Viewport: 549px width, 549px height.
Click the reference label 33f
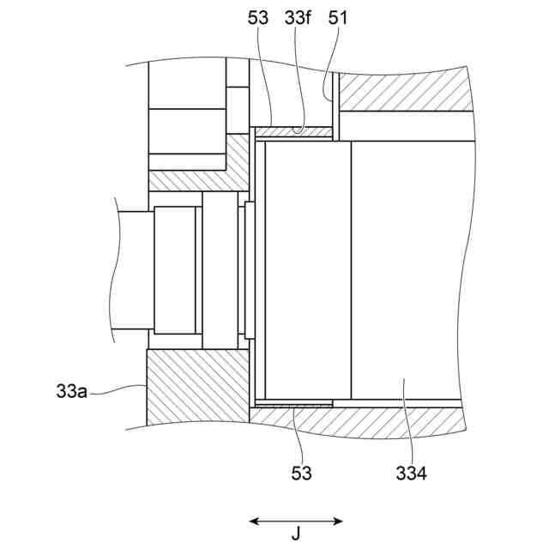tap(297, 17)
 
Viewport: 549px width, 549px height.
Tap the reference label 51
tap(337, 17)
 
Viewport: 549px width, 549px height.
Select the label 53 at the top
tap(257, 17)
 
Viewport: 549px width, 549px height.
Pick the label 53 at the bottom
tap(301, 473)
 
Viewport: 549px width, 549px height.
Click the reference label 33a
tap(71, 391)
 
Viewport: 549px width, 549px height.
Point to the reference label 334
tap(411, 474)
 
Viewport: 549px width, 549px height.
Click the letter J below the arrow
tap(296, 534)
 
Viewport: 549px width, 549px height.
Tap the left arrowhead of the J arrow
tap(254, 522)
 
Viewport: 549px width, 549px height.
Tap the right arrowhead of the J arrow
tap(338, 522)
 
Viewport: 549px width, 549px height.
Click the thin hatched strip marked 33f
tap(293, 132)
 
